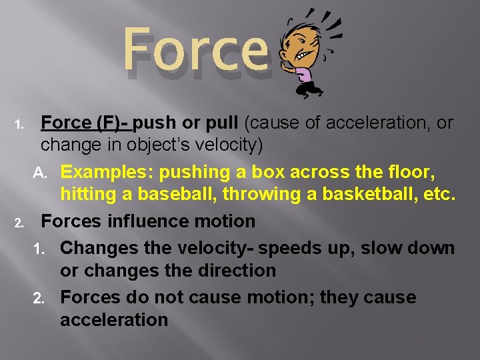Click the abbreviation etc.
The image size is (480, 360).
point(439,195)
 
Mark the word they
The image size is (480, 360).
point(339,297)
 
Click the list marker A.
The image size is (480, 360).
point(41,173)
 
